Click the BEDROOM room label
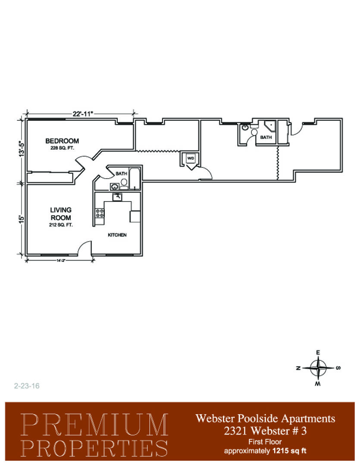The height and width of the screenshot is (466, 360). pos(62,141)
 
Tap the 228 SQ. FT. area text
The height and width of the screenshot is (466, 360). pos(62,148)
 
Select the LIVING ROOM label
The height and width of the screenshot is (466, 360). pos(61,214)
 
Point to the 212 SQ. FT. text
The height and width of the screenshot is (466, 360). pos(61,225)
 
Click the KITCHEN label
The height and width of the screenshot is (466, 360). pos(117,235)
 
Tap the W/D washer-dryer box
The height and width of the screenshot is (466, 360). pos(191,159)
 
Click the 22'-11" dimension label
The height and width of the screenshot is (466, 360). pos(83,113)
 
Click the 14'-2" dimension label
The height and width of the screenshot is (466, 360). pos(61,260)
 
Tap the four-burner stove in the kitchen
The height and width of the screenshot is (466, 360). pos(100,213)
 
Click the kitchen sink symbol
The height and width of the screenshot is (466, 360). pos(117,197)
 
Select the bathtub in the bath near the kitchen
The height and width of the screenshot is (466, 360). pos(135,179)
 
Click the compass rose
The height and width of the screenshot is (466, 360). pos(318,368)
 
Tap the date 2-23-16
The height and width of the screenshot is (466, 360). pos(27,386)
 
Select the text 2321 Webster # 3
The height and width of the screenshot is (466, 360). pos(265,431)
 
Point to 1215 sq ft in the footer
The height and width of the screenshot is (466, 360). pos(289,451)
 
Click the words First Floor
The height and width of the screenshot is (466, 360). pos(265,442)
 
